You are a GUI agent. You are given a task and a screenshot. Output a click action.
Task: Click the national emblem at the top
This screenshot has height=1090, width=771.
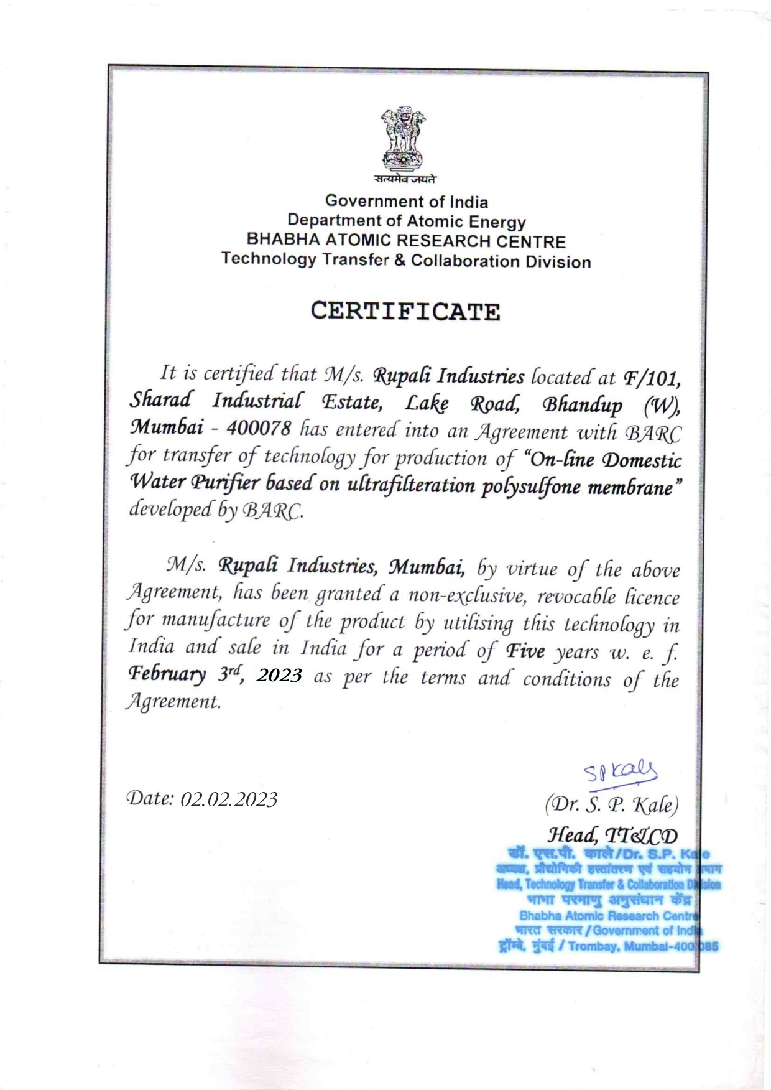coord(404,139)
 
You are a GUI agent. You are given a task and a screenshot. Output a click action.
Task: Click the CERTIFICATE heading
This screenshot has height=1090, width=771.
coord(405,311)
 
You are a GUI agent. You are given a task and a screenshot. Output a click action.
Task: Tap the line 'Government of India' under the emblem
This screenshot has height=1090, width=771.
coord(407,202)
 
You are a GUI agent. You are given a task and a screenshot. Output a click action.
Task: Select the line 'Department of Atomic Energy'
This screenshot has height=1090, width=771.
coord(406,221)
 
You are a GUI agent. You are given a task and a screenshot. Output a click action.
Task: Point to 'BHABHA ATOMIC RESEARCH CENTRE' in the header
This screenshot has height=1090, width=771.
coord(406,241)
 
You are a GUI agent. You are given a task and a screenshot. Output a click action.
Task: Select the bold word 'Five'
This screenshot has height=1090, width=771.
coord(525,651)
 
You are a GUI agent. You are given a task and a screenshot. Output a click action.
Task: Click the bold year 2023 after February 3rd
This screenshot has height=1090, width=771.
coord(279,675)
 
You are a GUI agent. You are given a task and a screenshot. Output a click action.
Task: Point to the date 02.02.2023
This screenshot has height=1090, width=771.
coord(229,799)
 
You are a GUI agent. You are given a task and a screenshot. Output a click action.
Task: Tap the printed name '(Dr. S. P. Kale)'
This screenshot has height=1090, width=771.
coord(612,805)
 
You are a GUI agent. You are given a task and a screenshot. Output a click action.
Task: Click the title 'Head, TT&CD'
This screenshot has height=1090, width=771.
coord(612,835)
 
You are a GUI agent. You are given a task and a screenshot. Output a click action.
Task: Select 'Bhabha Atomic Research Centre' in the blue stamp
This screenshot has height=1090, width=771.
coord(608,916)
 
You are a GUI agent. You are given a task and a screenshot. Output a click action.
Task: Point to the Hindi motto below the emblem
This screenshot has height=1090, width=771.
coord(405,180)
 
